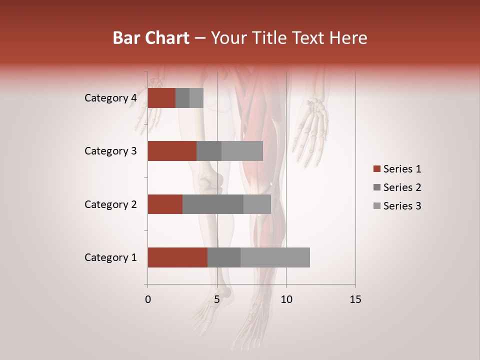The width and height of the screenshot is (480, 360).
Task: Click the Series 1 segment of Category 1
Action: [x=177, y=257]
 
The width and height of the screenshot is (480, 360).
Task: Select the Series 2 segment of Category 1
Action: [x=224, y=257]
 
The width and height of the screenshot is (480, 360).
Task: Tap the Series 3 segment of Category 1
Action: [x=275, y=257]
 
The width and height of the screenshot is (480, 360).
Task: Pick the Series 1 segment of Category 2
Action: [x=165, y=204]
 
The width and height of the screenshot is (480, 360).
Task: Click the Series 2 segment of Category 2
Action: [x=213, y=204]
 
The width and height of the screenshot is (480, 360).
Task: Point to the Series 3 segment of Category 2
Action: [x=257, y=204]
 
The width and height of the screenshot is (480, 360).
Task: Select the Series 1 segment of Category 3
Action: [x=172, y=151]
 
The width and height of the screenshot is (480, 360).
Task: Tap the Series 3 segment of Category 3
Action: [x=242, y=151]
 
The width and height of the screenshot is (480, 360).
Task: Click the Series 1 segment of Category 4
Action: [x=161, y=98]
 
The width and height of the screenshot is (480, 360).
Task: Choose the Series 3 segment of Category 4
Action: [x=196, y=98]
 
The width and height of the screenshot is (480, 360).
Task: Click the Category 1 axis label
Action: [x=110, y=257]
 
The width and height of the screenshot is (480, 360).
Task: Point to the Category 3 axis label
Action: [x=110, y=151]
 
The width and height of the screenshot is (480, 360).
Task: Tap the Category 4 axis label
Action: [x=110, y=98]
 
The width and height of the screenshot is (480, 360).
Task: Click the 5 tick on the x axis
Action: [x=217, y=299]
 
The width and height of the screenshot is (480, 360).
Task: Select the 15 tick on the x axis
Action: [x=355, y=299]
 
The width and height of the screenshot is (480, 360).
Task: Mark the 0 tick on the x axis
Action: [x=148, y=299]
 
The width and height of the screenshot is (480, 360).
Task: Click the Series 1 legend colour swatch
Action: [x=376, y=169]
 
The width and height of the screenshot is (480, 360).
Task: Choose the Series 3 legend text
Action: [x=402, y=206]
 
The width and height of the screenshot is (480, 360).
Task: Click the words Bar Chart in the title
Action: [x=151, y=38]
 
